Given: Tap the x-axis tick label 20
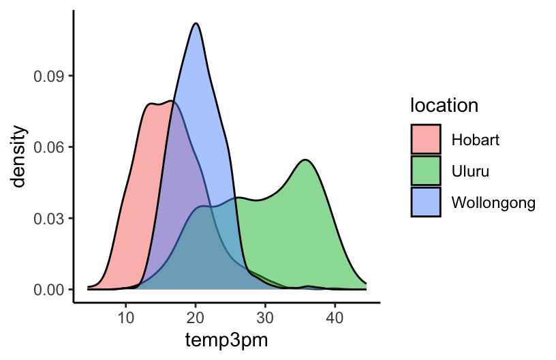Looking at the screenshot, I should pos(196,317).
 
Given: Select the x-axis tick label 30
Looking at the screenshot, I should pos(266,317).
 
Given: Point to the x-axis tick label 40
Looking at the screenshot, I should pos(335,317).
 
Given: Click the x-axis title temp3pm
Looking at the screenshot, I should pos(226,340).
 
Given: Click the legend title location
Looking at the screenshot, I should pos(444,106).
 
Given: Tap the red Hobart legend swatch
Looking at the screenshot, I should pos(426,140).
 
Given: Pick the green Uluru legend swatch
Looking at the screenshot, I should pos(426,170).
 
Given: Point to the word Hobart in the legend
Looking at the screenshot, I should pos(475,140).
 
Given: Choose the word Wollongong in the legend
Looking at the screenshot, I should pos(493,202).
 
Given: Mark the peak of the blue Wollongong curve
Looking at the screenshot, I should pos(196,23).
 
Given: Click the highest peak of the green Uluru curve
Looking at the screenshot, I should pos(306,160).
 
